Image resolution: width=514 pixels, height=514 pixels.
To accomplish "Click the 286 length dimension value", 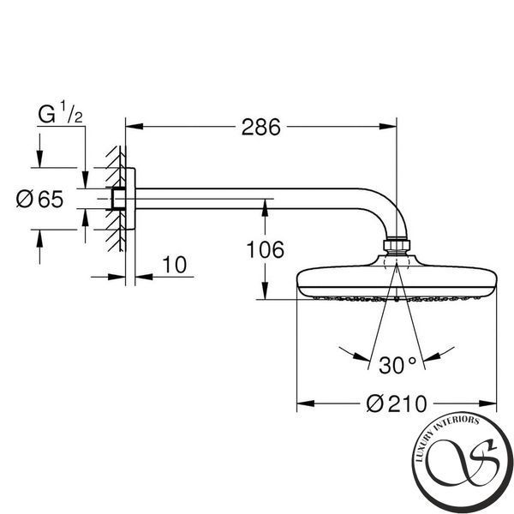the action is click(261, 127).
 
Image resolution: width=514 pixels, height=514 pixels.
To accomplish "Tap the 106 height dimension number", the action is click(266, 250).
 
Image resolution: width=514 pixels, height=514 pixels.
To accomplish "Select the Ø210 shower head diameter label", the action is click(397, 403).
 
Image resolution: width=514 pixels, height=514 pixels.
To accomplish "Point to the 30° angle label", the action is click(397, 365).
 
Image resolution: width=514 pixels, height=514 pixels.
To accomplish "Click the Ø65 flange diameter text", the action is click(39, 199).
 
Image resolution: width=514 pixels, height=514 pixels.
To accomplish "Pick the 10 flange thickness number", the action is click(175, 265).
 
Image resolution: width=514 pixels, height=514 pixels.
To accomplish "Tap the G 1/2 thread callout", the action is click(60, 112).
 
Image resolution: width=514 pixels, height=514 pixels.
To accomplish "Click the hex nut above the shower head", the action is click(397, 245).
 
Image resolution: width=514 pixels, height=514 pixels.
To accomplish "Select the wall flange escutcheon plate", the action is click(130, 199).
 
